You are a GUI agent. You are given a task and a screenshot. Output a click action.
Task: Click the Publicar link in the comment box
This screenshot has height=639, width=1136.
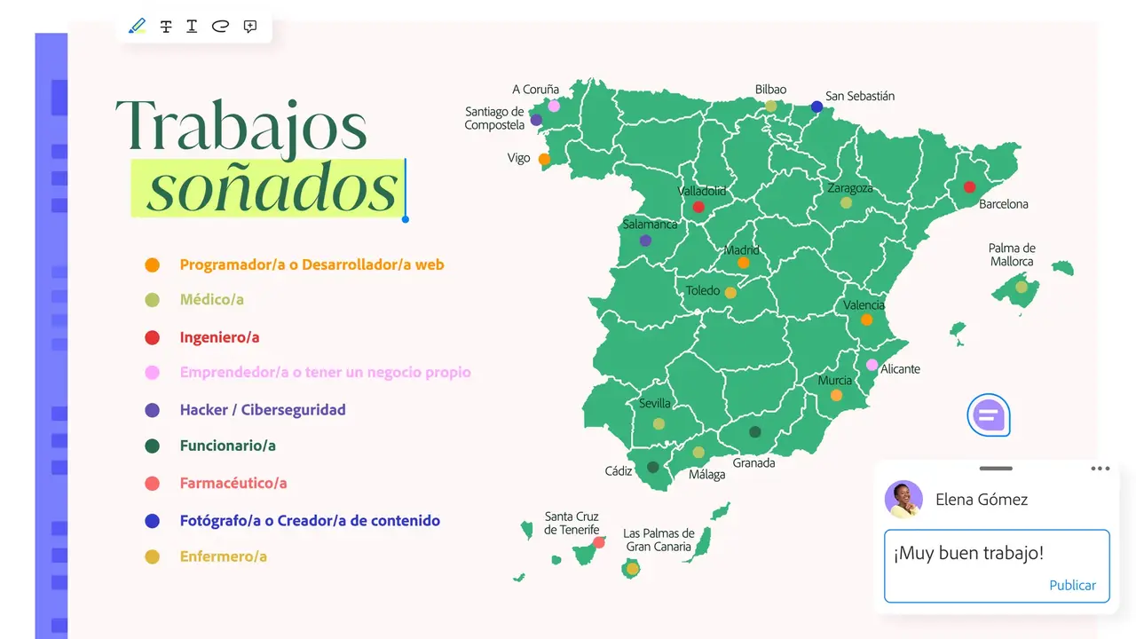pos(1072,586)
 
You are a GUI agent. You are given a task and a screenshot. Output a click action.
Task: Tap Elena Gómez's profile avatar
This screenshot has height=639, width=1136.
pos(903,500)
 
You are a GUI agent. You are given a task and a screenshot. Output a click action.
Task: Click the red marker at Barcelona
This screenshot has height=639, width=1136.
pos(969,187)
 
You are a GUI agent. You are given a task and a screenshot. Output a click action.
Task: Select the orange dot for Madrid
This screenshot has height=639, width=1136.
pos(743,263)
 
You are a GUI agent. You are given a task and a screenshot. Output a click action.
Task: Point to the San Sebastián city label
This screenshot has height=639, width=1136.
pos(859,96)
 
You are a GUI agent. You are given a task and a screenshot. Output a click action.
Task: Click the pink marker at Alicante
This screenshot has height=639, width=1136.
pos(872,365)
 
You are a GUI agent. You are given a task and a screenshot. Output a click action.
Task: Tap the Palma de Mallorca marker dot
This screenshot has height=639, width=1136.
pos(1022,287)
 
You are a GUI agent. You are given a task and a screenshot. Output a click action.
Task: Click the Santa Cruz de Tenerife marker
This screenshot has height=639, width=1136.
pos(599,542)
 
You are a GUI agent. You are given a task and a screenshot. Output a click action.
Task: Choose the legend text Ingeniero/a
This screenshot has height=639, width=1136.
pos(219,337)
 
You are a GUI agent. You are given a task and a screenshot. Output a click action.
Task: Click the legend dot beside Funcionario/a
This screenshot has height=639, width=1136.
pos(152,446)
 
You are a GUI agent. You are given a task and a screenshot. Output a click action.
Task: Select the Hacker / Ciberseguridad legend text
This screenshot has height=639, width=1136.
pos(263,410)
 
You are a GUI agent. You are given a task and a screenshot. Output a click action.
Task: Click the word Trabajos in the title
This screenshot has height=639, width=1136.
pos(241,124)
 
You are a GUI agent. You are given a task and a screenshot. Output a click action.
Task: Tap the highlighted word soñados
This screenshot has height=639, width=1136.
pos(271,188)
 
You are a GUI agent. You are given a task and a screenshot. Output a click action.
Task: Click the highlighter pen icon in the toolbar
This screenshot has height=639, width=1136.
pos(137,26)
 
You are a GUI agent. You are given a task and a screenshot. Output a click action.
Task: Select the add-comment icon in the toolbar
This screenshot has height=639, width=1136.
pos(249,26)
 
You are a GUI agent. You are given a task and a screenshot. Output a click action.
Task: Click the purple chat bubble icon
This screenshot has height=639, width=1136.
pos(988,414)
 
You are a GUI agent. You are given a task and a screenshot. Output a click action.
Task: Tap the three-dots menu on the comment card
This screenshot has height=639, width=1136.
pos(1100,469)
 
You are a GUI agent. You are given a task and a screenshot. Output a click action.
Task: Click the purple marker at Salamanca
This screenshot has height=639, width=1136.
pos(645,241)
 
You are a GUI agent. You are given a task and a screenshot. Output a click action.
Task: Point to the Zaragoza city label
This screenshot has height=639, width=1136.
pos(849,188)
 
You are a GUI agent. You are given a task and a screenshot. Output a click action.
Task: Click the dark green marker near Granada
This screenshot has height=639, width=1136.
pos(754,432)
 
